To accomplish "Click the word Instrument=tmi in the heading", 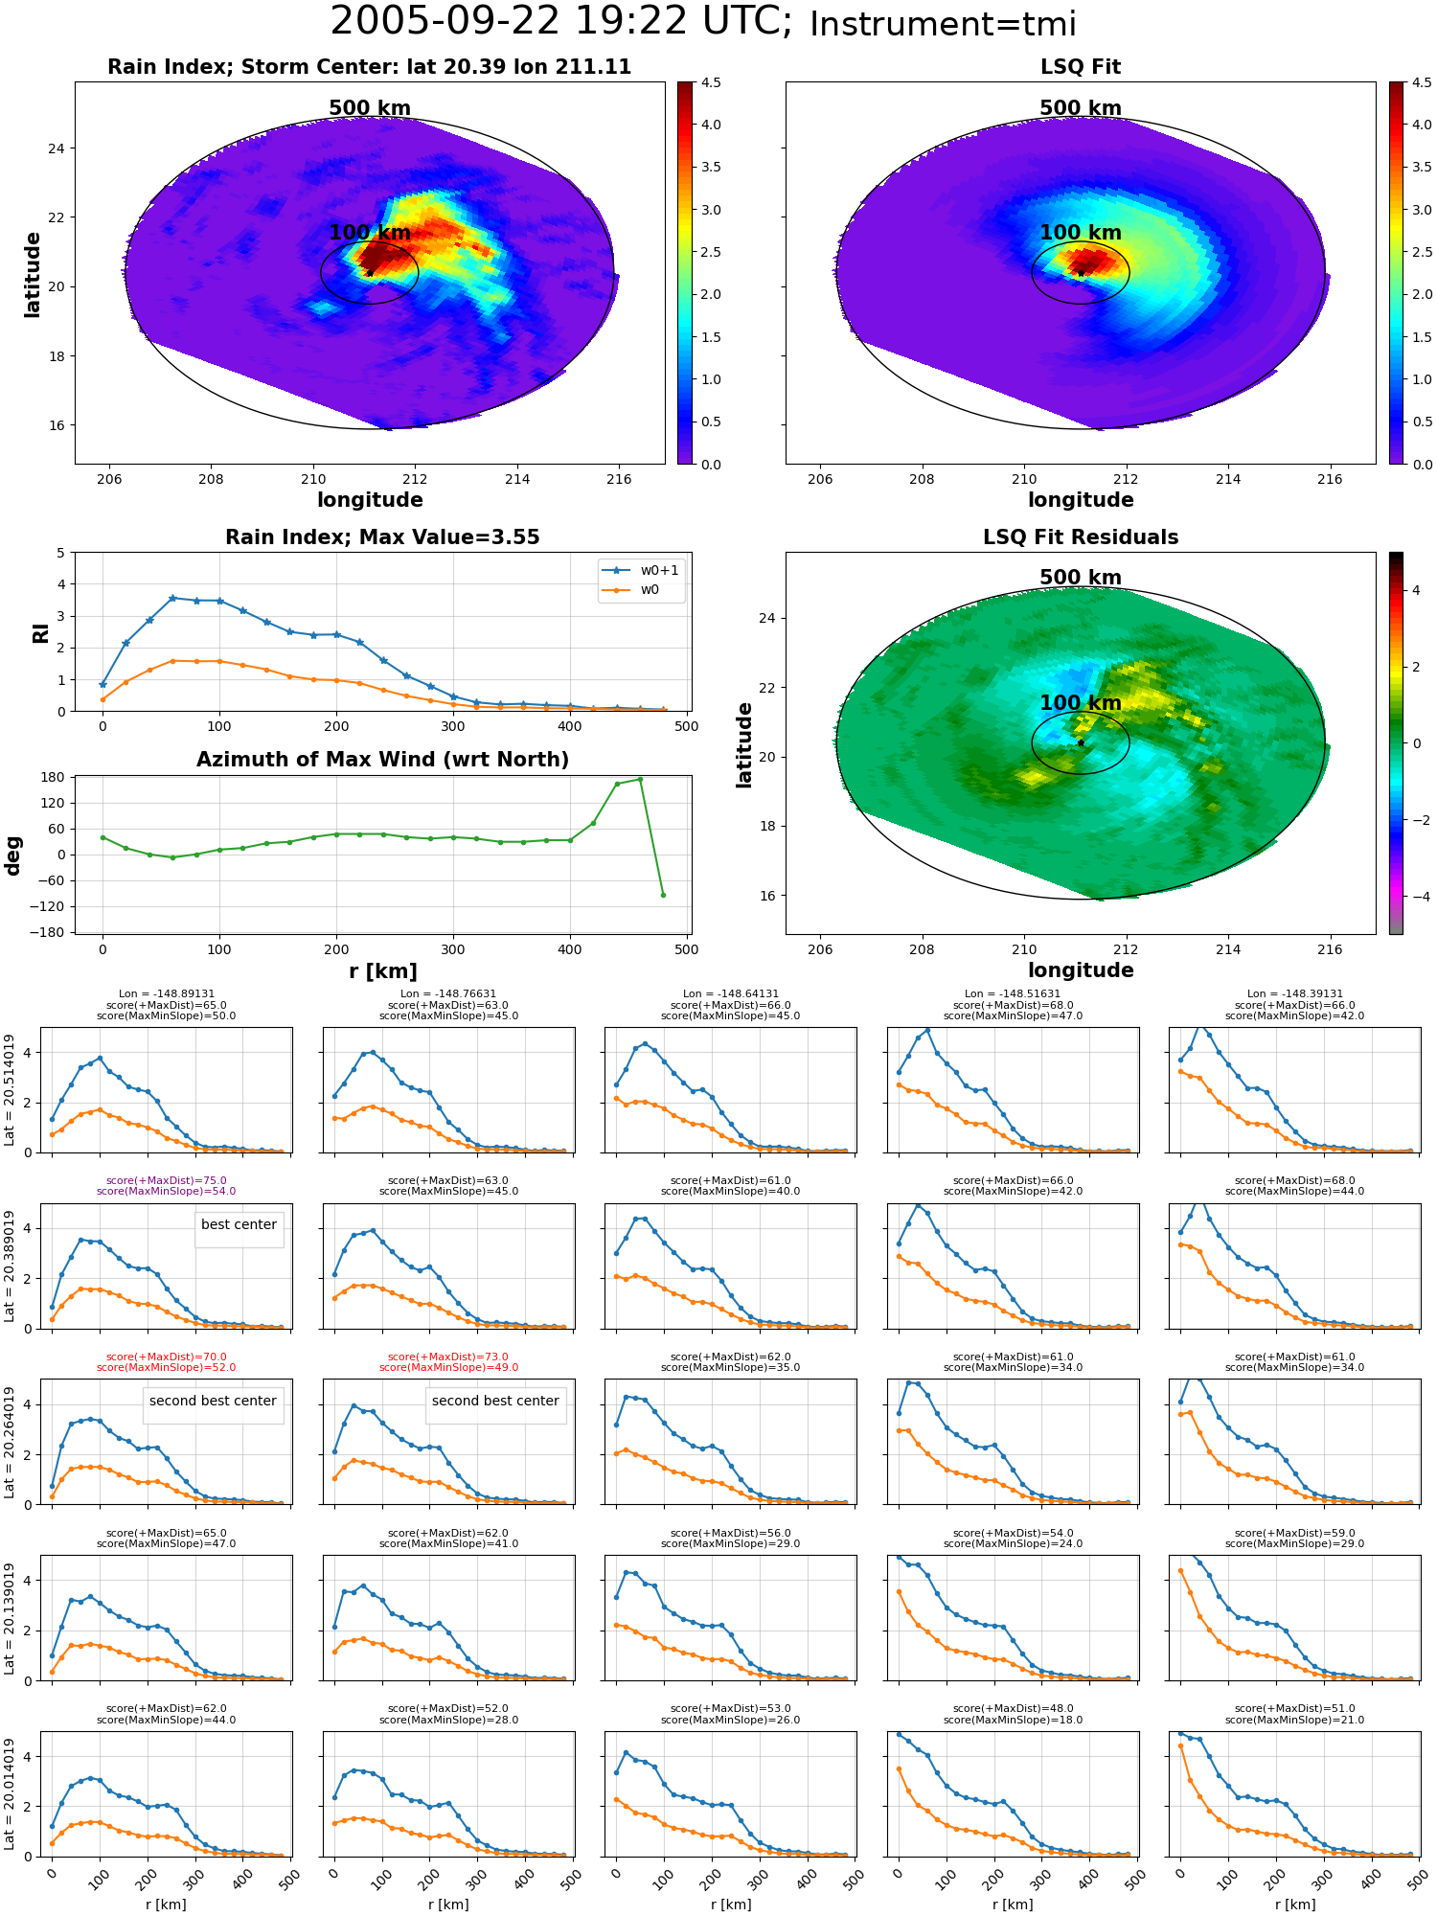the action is click(943, 25).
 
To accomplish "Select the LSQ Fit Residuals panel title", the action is click(1081, 537).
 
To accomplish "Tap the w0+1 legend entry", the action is click(641, 570).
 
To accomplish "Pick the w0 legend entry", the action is click(631, 590).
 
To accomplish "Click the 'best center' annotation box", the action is click(239, 1224).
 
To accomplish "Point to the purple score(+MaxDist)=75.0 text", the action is click(167, 1181).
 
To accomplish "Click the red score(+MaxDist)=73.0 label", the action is click(448, 1357).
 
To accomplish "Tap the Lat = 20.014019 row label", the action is click(10, 1794).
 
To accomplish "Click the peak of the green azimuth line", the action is click(640, 780).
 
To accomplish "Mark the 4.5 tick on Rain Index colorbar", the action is click(712, 82).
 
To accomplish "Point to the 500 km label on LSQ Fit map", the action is click(1081, 108).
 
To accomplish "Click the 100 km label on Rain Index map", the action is click(370, 233).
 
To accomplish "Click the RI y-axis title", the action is click(40, 632).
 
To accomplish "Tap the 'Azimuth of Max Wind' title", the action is click(383, 760).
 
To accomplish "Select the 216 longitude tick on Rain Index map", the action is click(619, 479).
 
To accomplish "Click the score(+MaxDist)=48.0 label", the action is click(1013, 1709).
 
